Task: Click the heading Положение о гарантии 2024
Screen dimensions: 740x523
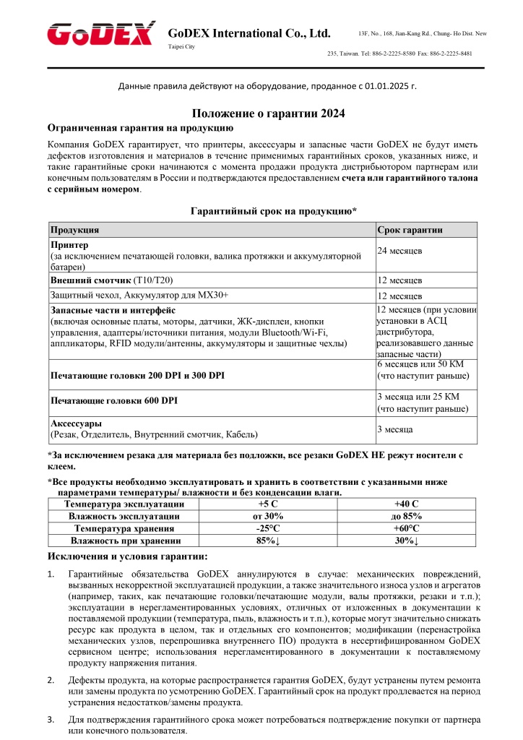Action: pyautogui.click(x=268, y=113)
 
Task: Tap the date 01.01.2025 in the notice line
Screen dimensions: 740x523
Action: pyautogui.click(x=385, y=86)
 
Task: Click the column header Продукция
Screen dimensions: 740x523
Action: pyautogui.click(x=74, y=230)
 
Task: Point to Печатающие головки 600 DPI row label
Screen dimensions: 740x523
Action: pyautogui.click(x=113, y=400)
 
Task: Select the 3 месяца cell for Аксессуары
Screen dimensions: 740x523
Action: pyautogui.click(x=395, y=429)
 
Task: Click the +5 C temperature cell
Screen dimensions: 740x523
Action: pyautogui.click(x=268, y=504)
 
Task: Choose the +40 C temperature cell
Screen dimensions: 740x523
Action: pyautogui.click(x=407, y=504)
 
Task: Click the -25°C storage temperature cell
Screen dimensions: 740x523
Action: pyautogui.click(x=268, y=528)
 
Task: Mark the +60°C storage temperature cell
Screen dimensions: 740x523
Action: pyautogui.click(x=407, y=528)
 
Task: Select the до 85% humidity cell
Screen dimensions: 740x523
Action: pyautogui.click(x=407, y=516)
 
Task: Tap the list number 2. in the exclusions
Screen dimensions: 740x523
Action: pyautogui.click(x=51, y=680)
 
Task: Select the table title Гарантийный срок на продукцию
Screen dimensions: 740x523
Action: pyautogui.click(x=273, y=211)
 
